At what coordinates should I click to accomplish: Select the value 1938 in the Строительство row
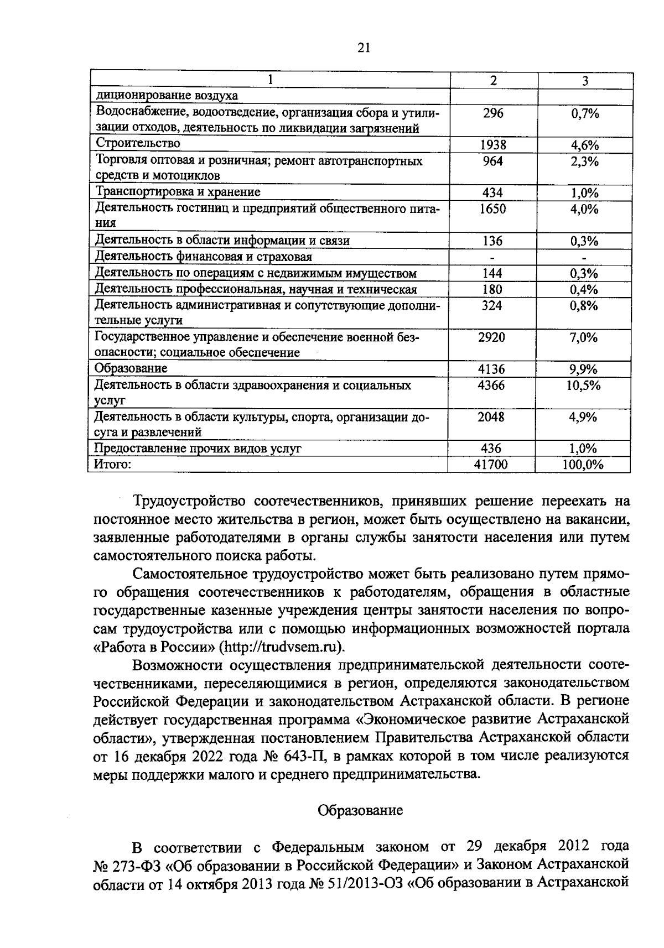point(492,145)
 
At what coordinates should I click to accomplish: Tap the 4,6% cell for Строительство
point(585,145)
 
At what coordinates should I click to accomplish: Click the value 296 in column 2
point(492,113)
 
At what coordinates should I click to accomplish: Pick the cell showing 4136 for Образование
point(491,368)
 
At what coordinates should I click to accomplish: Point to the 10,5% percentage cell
point(584,385)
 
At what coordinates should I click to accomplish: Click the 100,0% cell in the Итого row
point(583,465)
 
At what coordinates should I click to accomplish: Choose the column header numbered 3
point(585,81)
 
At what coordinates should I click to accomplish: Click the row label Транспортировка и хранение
point(178,192)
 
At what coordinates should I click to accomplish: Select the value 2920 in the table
point(491,336)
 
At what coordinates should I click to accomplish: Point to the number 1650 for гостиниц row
point(492,209)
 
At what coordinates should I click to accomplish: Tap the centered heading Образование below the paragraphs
point(360,810)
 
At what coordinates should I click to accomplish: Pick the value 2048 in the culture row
point(491,416)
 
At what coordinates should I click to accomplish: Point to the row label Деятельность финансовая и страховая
point(204,257)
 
